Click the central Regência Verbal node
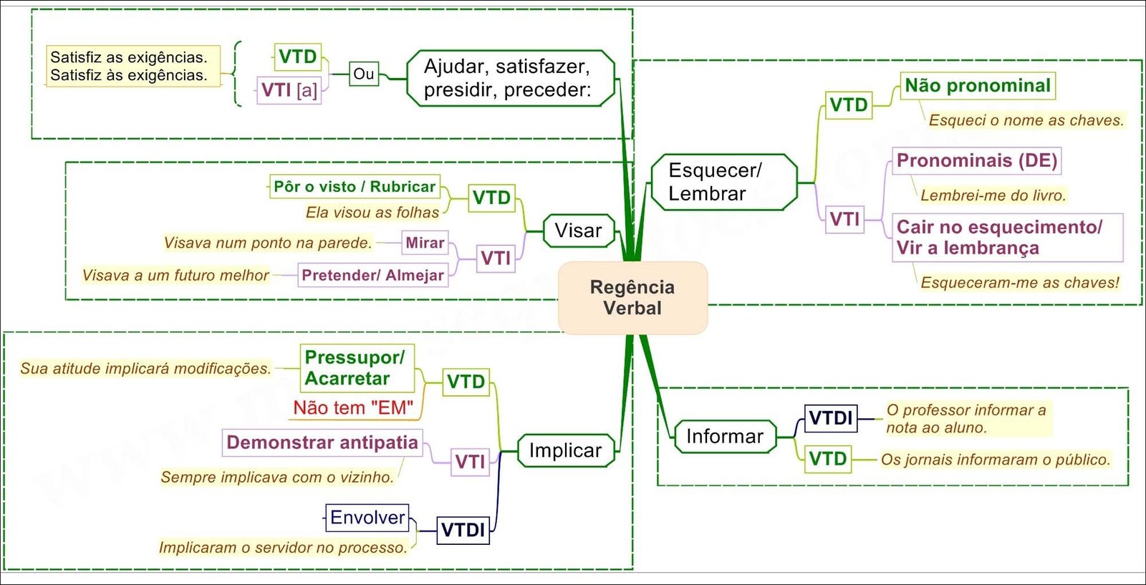(632, 298)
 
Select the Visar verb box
(579, 231)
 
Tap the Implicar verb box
(565, 450)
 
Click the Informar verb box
(724, 436)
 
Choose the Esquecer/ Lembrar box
(723, 182)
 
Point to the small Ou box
(364, 74)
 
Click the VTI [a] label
(289, 90)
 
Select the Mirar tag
(425, 243)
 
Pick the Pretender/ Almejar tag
(372, 275)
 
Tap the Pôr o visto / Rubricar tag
(355, 187)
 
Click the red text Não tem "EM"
(353, 408)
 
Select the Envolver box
(367, 517)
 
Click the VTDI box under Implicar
(463, 530)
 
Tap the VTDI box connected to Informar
(830, 418)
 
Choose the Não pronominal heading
(977, 86)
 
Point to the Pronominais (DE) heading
(976, 160)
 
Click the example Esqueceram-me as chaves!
(1019, 283)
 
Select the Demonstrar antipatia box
(322, 443)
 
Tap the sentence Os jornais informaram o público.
(995, 460)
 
